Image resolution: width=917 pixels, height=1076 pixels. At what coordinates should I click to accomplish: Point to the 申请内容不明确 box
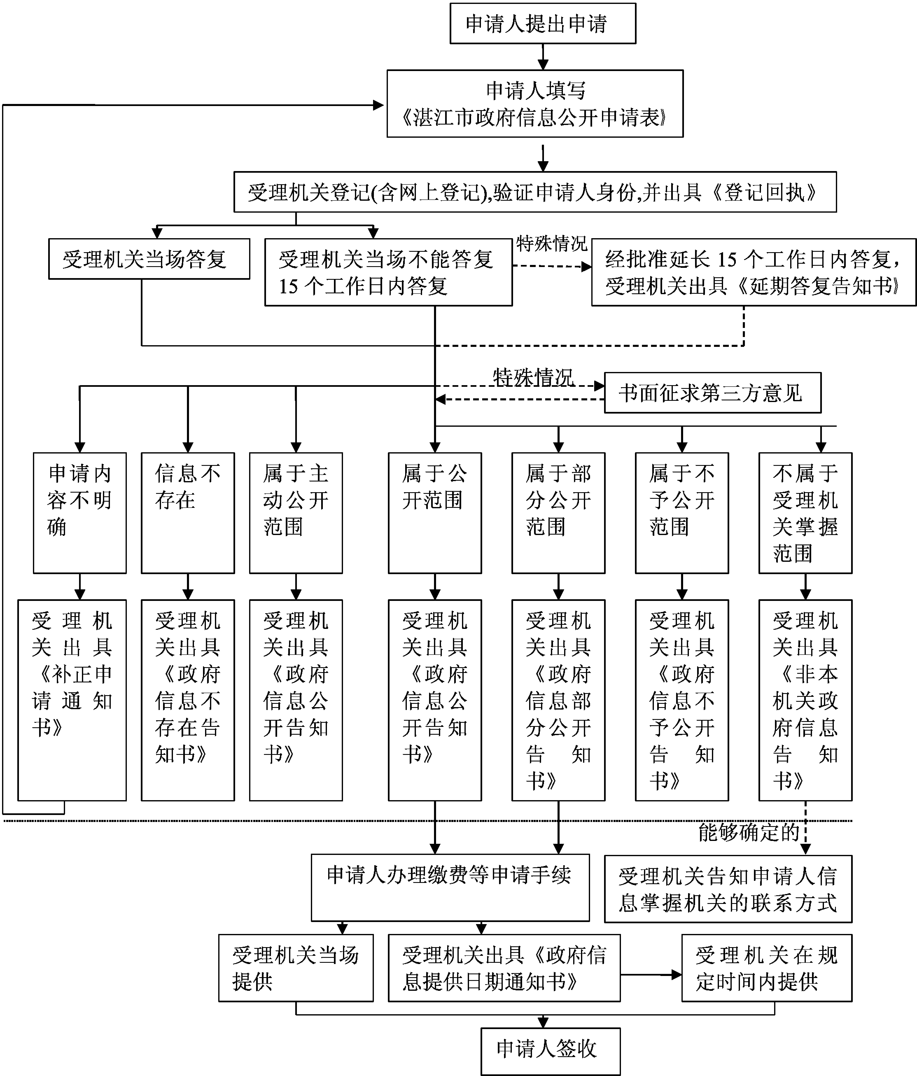pyautogui.click(x=79, y=513)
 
